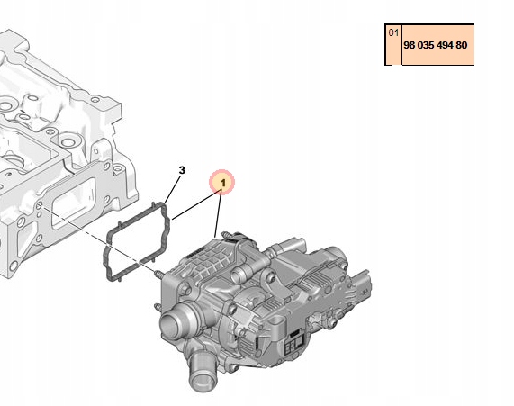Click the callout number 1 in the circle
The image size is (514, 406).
pos(221,183)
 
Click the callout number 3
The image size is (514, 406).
pos(182,169)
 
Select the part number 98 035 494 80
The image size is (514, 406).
pos(436,45)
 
